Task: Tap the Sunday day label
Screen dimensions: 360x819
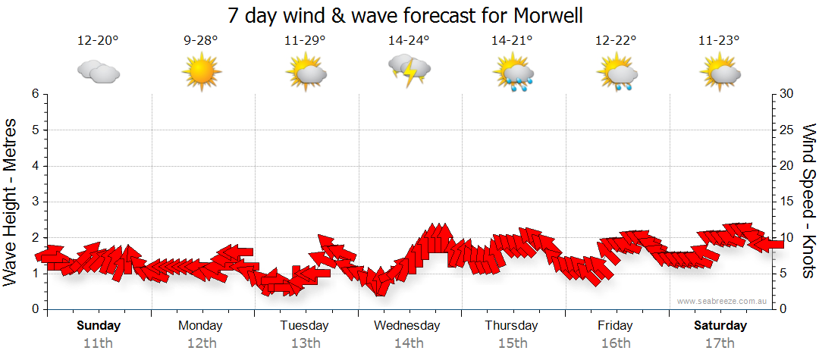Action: [x=99, y=326]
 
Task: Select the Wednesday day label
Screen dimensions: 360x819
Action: [x=407, y=326]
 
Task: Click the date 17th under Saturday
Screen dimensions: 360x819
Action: [x=720, y=343]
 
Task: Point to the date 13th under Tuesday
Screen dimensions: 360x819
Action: [x=305, y=343]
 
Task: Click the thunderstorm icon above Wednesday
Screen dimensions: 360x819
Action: [x=409, y=72]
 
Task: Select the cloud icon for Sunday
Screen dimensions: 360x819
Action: [x=99, y=72]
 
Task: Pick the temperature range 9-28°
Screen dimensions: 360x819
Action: [x=201, y=41]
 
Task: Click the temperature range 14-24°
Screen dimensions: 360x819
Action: [x=409, y=41]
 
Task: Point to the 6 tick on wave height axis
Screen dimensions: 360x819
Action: [x=34, y=94]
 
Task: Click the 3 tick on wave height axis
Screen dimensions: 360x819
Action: [x=34, y=202]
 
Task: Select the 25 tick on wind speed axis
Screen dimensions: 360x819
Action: [x=787, y=130]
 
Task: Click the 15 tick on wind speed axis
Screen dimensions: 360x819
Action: [x=787, y=202]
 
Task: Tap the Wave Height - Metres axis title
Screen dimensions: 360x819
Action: [x=11, y=202]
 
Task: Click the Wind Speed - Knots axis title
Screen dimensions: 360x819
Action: [x=808, y=202]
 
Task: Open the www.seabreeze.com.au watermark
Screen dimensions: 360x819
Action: [x=723, y=302]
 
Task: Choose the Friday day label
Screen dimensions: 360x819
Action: [x=615, y=326]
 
